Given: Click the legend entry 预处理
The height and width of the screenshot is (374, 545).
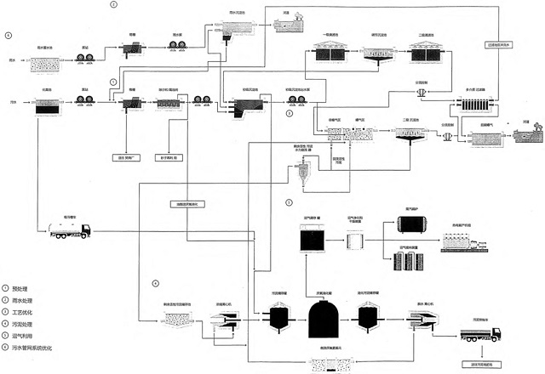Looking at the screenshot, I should coord(19,290).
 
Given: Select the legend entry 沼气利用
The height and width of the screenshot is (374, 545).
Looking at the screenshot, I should coord(20,336).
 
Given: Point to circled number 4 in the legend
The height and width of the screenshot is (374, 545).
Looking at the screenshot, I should coord(5,325).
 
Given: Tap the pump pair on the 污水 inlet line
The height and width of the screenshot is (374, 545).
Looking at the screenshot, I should coord(85,101).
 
